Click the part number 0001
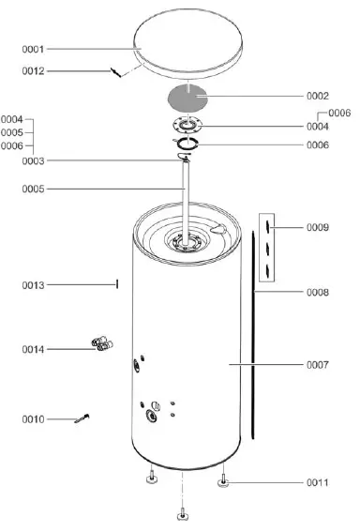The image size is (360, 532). (33, 48)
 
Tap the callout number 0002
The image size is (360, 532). (318, 96)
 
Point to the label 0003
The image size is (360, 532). (33, 161)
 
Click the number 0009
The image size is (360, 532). (318, 227)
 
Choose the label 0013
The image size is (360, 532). (33, 284)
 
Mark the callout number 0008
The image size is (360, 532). (318, 293)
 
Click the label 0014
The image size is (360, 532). (33, 349)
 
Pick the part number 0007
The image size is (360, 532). (318, 364)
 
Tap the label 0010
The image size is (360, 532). (33, 418)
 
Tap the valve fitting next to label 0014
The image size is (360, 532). (100, 344)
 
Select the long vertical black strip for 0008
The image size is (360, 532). (253, 338)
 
